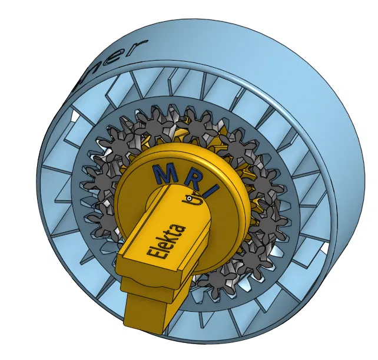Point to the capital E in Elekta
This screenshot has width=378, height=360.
tap(154, 254)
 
